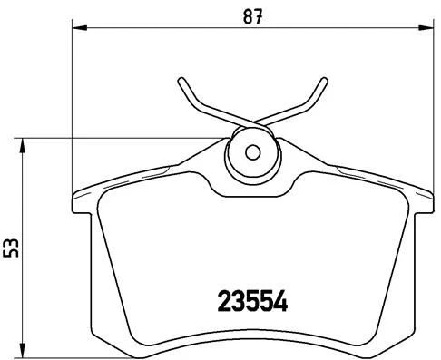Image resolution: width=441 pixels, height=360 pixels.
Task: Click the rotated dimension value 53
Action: tap(11, 247)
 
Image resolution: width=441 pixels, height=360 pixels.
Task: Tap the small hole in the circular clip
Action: tap(253, 152)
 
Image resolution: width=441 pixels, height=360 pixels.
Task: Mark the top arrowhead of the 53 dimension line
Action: tap(24, 142)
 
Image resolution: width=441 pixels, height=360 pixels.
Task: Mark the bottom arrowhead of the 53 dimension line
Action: tap(24, 349)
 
